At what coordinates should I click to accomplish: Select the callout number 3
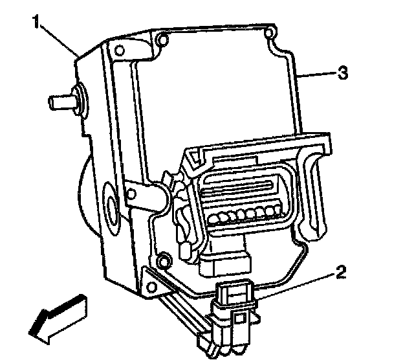click(x=343, y=73)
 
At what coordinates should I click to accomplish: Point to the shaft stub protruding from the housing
click(x=62, y=101)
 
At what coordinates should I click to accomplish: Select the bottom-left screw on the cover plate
click(x=162, y=261)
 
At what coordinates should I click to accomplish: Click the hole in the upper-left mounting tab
click(x=119, y=49)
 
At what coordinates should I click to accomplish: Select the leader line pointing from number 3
click(x=317, y=74)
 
